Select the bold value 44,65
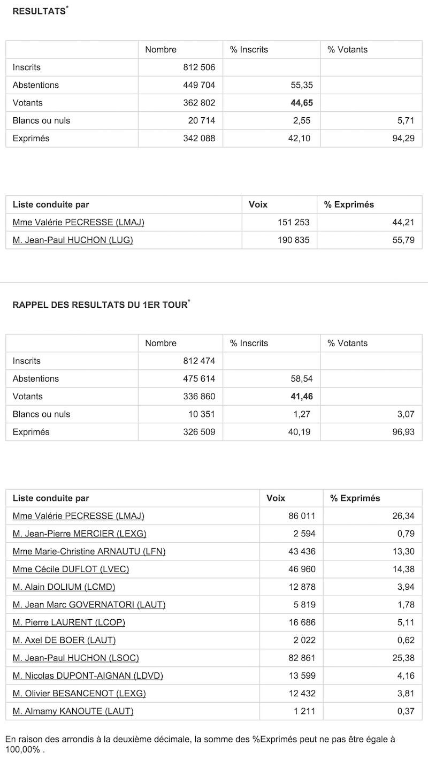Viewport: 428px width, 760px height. point(302,103)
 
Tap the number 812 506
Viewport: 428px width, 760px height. point(199,67)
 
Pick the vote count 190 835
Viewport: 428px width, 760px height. point(293,240)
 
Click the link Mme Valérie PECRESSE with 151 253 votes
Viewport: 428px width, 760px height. point(79,222)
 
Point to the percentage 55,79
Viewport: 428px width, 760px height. point(403,240)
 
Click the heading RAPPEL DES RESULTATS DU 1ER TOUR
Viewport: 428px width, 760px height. point(100,305)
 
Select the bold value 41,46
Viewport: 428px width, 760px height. point(302,397)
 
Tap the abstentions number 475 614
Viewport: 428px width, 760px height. point(199,379)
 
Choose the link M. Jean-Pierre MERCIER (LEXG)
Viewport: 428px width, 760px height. point(79,534)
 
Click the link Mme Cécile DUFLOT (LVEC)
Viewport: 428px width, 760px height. point(71,569)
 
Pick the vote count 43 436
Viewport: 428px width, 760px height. point(302,551)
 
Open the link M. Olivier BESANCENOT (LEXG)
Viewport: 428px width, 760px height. point(79,693)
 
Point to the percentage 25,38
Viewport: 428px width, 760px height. point(403,658)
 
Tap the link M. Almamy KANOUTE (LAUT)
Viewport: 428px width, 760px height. point(73,711)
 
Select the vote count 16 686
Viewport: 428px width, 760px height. point(302,622)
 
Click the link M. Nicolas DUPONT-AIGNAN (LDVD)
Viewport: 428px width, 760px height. point(88,675)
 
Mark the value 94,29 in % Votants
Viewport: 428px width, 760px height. point(403,138)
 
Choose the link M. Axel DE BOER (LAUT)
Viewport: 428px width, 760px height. point(64,640)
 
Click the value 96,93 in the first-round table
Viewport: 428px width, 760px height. point(403,432)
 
